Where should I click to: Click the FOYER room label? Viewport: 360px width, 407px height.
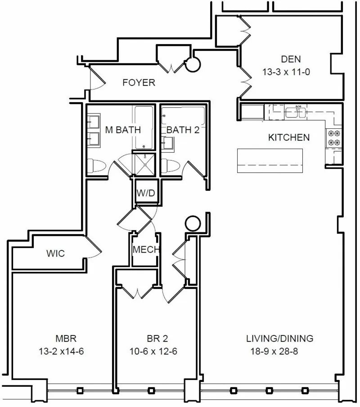tap(139, 83)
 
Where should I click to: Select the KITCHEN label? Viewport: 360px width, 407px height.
tap(289, 137)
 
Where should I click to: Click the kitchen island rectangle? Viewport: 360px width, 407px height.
tap(270, 161)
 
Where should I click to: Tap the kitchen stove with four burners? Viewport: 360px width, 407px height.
tap(334, 138)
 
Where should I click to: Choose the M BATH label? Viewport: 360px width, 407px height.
tap(123, 130)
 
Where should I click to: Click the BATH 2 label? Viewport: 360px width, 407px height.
tap(183, 130)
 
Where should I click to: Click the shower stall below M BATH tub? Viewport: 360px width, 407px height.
tap(144, 165)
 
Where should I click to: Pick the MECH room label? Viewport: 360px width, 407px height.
tap(144, 250)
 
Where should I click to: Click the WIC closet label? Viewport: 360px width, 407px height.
tap(55, 253)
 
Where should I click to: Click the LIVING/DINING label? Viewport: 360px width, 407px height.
tap(279, 339)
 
